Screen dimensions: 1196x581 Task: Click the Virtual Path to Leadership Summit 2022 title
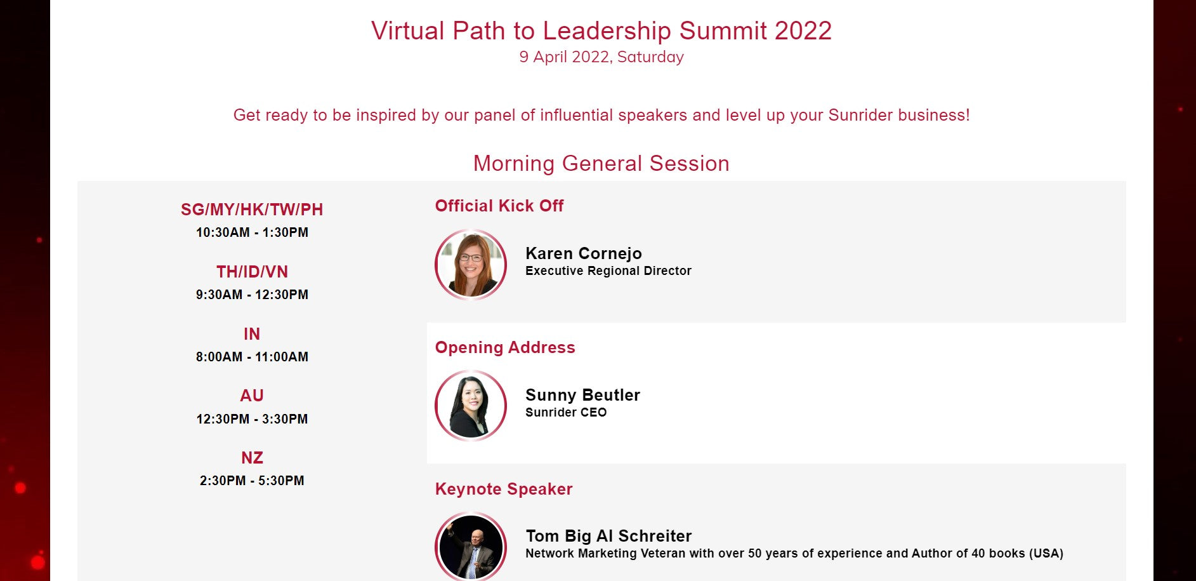[601, 30]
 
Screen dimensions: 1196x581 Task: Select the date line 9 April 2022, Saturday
[601, 57]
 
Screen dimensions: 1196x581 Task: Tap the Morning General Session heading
[601, 163]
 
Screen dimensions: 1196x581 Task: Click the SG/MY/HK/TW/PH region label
[252, 210]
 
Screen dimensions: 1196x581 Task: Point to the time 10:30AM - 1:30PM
[252, 232]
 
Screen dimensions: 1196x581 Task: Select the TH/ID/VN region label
[252, 272]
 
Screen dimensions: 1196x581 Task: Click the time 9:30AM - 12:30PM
[252, 295]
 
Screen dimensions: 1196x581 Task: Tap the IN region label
[252, 334]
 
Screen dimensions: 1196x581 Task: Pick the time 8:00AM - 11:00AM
[252, 357]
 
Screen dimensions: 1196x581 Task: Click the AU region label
[252, 396]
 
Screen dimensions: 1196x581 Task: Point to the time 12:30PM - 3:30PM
[252, 419]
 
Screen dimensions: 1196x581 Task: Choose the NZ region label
[252, 458]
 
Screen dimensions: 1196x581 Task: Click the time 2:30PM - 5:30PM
[252, 481]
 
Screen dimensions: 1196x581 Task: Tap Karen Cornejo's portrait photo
[471, 265]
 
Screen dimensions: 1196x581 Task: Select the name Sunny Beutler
[582, 395]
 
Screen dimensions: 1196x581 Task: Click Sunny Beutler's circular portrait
[471, 406]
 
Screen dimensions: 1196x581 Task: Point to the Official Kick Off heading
[499, 206]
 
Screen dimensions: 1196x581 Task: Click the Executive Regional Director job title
[608, 271]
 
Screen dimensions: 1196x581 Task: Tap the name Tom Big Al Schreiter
[608, 536]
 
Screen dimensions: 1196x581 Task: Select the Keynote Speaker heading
[504, 489]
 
